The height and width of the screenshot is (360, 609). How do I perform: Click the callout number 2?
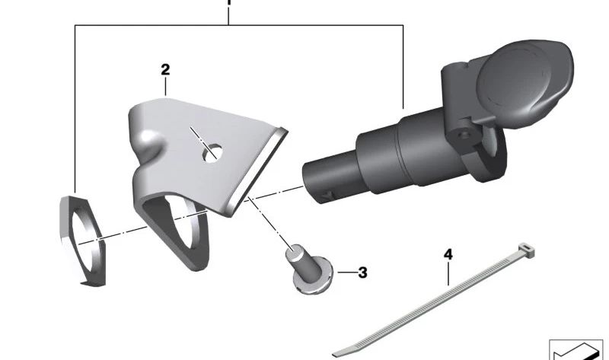coord(165,70)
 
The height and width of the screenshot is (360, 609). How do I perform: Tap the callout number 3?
coord(362,272)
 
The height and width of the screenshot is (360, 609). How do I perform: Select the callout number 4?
coord(448,255)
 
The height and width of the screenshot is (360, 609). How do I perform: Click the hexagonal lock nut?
coord(83,241)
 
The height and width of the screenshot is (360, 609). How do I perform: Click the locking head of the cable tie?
coord(526,250)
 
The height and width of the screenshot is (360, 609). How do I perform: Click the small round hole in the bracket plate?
coord(212,153)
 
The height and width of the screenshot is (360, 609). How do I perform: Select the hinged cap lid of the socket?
coord(525,81)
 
